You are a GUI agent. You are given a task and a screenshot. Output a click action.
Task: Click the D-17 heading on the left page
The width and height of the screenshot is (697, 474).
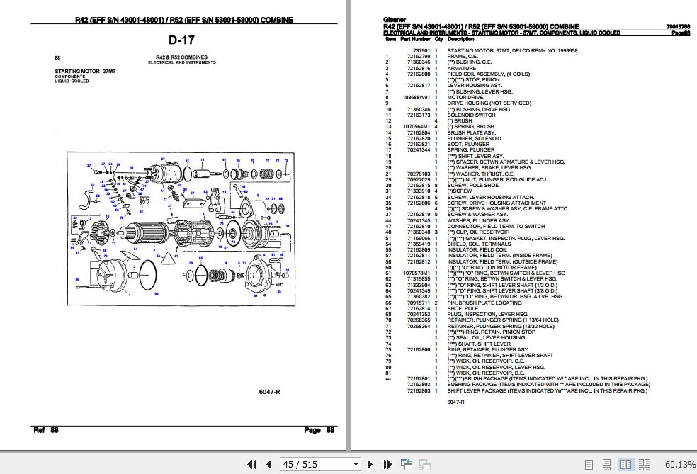182,40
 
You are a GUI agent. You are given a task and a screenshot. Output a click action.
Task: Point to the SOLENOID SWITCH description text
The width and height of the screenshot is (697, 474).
471,115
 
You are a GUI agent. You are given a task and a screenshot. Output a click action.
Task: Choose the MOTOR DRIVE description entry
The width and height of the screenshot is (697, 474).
465,98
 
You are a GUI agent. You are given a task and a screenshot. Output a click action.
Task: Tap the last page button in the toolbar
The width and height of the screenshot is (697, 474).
387,465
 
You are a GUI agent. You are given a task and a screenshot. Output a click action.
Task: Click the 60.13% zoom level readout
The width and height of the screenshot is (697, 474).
680,465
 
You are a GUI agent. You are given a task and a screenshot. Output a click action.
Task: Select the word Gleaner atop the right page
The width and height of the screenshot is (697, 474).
392,21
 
